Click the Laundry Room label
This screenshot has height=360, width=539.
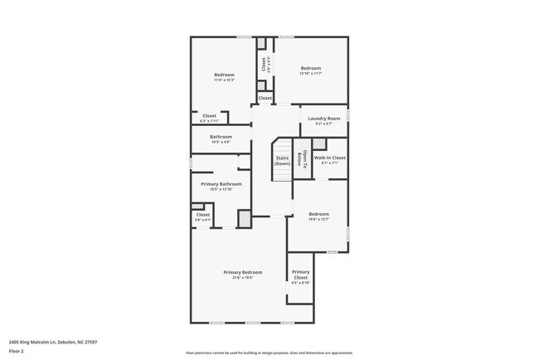[x=324, y=119]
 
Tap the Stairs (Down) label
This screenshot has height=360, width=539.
[x=282, y=161]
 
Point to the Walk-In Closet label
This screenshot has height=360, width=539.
[x=329, y=157]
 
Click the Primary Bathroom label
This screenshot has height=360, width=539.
[x=221, y=183]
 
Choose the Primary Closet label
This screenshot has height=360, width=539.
[x=301, y=275]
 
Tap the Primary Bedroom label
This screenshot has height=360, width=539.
[x=242, y=272]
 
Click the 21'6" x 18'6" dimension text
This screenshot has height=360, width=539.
[x=242, y=278]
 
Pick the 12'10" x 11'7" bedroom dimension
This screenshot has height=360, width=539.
[x=310, y=74]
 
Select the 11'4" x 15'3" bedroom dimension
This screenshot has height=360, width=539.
[x=224, y=80]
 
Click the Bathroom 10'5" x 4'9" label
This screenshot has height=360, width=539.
[x=221, y=139]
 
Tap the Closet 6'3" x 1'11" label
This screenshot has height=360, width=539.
[x=209, y=118]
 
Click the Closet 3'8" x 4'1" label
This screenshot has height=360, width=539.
[x=203, y=216]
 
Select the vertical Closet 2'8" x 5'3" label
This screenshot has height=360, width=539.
[x=265, y=64]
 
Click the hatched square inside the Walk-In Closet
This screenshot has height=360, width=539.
[x=319, y=144]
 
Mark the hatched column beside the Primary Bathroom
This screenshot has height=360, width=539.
[x=245, y=218]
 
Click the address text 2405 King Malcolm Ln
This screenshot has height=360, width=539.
[x=53, y=341]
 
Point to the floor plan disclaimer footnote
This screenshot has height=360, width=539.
[x=269, y=353]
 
